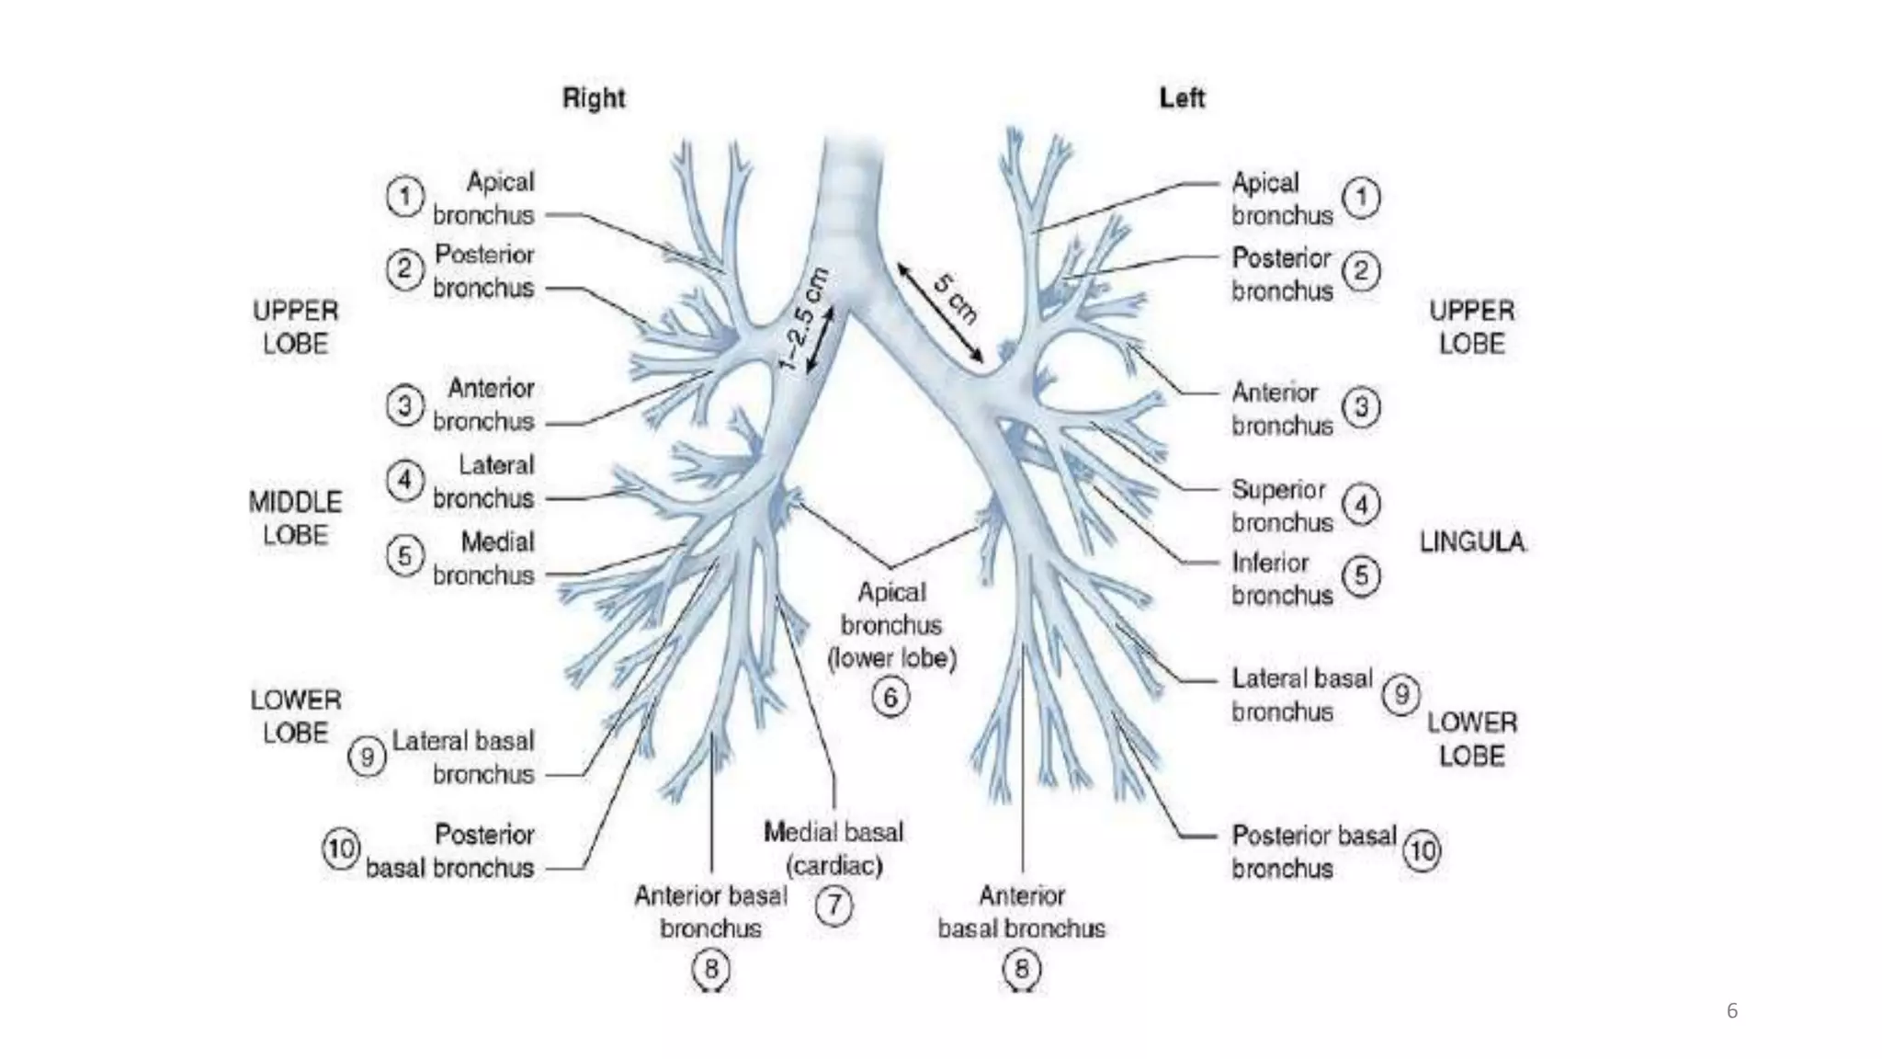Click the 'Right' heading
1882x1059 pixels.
pyautogui.click(x=594, y=97)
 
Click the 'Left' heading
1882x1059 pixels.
pyautogui.click(x=1182, y=97)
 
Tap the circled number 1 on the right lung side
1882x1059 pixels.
pyautogui.click(x=404, y=197)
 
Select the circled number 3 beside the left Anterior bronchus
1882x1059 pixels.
pyautogui.click(x=1361, y=407)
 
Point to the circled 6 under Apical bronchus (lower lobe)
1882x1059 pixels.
pyautogui.click(x=890, y=697)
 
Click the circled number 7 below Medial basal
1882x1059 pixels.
pyautogui.click(x=834, y=905)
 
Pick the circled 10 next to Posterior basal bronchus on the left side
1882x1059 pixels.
pyautogui.click(x=1422, y=850)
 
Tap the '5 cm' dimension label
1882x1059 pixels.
pyautogui.click(x=956, y=297)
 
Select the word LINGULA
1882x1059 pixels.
pyautogui.click(x=1473, y=542)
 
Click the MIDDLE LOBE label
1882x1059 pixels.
pyautogui.click(x=295, y=518)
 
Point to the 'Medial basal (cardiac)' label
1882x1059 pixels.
pyautogui.click(x=833, y=848)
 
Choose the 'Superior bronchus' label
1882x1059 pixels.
pyautogui.click(x=1281, y=506)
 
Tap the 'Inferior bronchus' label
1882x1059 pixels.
pyautogui.click(x=1281, y=579)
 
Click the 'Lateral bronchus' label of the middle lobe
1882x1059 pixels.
pyautogui.click(x=484, y=482)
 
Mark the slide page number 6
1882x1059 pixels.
pyautogui.click(x=1732, y=1011)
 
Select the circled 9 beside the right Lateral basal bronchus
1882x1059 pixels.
pyautogui.click(x=367, y=757)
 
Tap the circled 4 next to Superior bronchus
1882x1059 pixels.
pyautogui.click(x=1361, y=505)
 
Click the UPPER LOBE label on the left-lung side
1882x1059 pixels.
pyautogui.click(x=1471, y=327)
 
